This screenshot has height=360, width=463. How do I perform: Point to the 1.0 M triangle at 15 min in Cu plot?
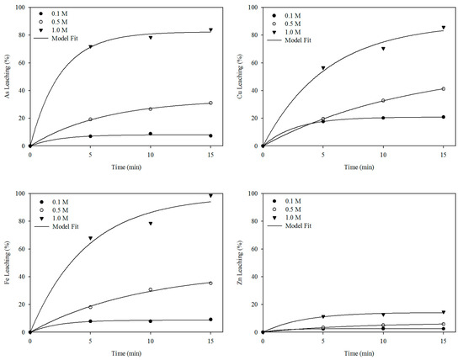[x=444, y=28]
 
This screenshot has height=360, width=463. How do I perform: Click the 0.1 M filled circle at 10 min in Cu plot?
[x=383, y=118]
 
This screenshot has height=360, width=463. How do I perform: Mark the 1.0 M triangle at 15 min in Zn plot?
[x=444, y=312]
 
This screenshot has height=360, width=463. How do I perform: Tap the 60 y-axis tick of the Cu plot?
[x=256, y=63]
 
